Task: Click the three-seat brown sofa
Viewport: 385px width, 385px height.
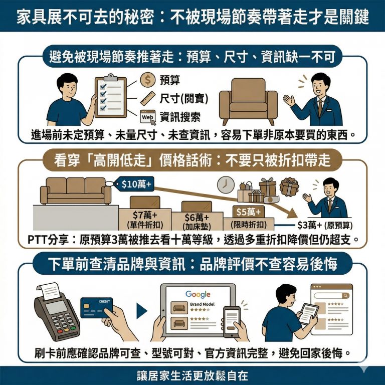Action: pyautogui.click(x=76, y=191)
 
